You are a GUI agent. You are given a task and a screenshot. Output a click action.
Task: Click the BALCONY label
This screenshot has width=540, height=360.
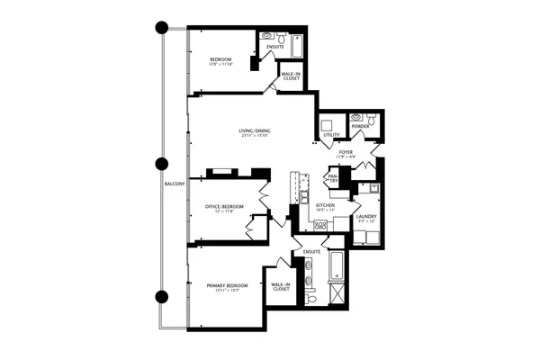coord(175,184)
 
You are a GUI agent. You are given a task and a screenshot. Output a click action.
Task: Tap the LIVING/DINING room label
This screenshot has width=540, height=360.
coord(255,132)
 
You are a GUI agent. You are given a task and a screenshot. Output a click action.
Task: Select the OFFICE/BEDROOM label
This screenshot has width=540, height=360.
coord(225,207)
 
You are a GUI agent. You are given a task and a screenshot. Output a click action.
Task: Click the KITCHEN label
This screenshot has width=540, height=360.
coord(325,206)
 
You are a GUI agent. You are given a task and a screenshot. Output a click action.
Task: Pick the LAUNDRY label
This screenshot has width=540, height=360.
coord(365,216)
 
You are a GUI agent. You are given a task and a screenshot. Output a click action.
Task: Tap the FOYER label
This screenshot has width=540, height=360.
coord(346,154)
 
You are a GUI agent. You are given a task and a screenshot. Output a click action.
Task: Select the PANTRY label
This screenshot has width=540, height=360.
coord(332,178)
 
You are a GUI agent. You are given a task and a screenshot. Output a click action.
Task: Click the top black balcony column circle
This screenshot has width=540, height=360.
coord(162,27)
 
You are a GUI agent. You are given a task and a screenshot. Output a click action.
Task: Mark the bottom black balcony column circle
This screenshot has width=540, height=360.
coord(162,296)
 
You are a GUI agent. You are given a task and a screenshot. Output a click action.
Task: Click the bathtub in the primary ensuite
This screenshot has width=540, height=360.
coord(336,264)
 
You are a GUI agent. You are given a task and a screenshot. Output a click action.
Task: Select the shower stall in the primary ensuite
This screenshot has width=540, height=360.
coord(335,293)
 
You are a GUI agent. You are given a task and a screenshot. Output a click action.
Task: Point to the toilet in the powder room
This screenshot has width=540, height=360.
coord(357,116)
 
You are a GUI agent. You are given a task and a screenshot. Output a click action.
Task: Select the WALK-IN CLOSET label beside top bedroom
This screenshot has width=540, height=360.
coord(291,76)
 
